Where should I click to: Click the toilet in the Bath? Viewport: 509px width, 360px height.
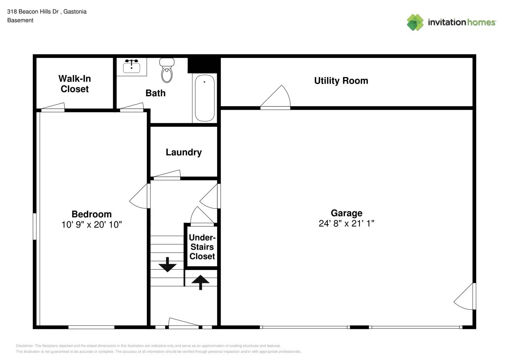click(x=167, y=71)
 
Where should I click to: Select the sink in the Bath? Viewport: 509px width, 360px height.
click(x=131, y=66)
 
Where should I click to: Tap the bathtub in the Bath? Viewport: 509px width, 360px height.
click(x=204, y=98)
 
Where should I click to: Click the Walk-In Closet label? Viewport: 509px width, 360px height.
click(x=75, y=84)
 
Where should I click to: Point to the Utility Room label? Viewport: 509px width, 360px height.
click(x=341, y=81)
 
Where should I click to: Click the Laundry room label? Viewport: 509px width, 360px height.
click(x=184, y=152)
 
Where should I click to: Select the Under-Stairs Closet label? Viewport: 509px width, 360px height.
click(x=202, y=247)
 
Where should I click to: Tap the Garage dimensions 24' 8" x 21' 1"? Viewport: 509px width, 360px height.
click(x=346, y=224)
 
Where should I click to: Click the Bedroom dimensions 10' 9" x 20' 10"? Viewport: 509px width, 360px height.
click(x=91, y=225)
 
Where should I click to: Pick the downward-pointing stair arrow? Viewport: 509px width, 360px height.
click(x=167, y=265)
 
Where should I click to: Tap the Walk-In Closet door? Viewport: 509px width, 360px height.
click(x=53, y=107)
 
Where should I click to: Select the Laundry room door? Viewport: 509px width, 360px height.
click(x=167, y=175)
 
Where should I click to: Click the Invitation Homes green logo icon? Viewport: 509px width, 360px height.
click(x=415, y=22)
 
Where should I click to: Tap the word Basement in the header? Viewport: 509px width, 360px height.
click(x=20, y=21)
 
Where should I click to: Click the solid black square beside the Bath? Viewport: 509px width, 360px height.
click(x=204, y=65)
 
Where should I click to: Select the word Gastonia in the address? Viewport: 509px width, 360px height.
click(x=75, y=12)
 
